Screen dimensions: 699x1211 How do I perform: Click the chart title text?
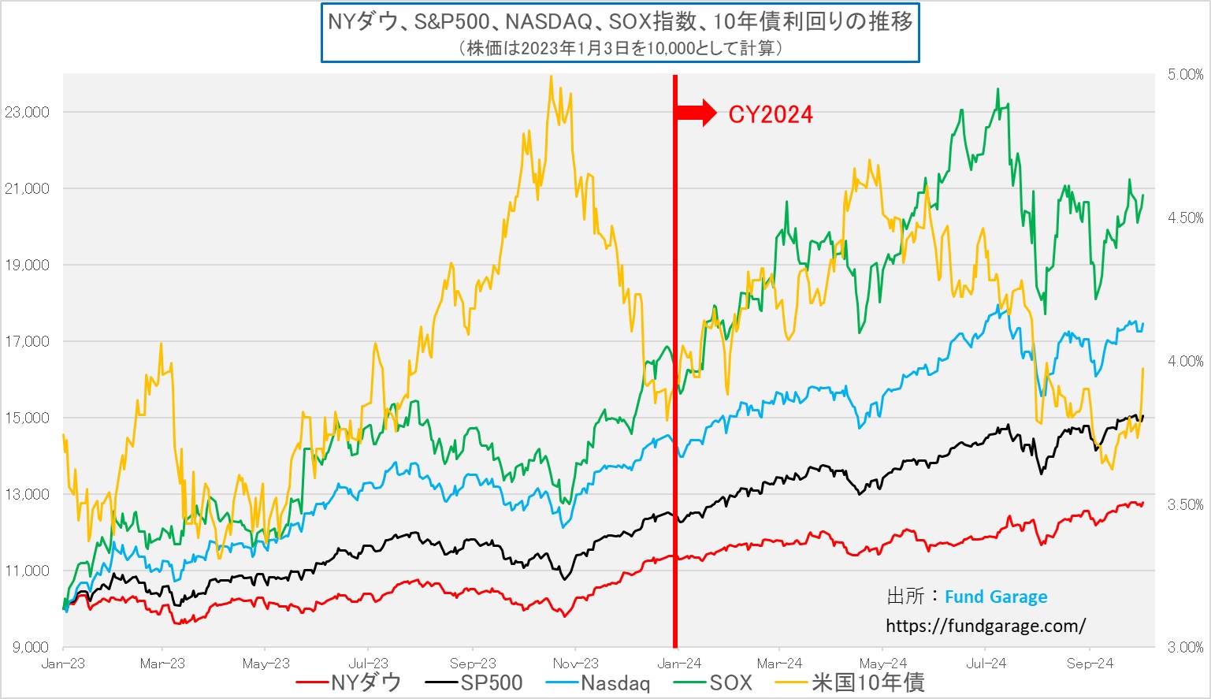(620, 21)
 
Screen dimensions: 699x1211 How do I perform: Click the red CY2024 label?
(770, 115)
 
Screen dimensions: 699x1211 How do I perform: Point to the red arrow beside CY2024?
(696, 113)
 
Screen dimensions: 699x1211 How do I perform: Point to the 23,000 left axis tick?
(27, 112)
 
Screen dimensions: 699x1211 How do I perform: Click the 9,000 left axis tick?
(30, 647)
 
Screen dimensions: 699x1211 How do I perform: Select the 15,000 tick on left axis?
(27, 418)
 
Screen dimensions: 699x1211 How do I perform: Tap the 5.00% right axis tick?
(1185, 75)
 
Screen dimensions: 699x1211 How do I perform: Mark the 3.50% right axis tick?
(1185, 504)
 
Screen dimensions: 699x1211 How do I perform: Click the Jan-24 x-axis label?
(679, 664)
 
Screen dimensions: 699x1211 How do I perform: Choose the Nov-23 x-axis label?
(576, 664)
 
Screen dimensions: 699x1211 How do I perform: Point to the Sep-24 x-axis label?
(1090, 664)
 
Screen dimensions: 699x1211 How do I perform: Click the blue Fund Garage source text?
(996, 597)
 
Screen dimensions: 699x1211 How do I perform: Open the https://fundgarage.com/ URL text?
(986, 626)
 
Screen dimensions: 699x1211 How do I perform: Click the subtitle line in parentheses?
(620, 48)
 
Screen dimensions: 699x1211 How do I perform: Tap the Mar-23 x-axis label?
(162, 664)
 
